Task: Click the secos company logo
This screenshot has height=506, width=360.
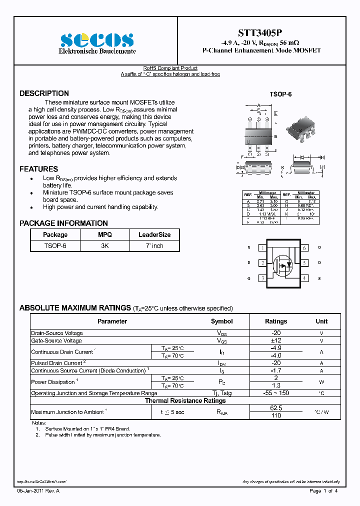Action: click(x=97, y=40)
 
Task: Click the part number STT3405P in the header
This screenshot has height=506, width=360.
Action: click(x=261, y=32)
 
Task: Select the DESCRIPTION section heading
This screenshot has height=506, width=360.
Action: click(x=44, y=93)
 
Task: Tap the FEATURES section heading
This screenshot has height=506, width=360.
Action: click(x=38, y=169)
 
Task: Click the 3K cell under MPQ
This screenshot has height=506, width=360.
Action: click(x=104, y=246)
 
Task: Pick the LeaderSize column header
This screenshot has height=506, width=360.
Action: click(x=154, y=234)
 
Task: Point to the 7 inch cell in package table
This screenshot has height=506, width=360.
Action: click(x=154, y=246)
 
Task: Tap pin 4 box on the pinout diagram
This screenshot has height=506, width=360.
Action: click(x=304, y=278)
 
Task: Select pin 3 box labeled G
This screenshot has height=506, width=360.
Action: click(x=262, y=278)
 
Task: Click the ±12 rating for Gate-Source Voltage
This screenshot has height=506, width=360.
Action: click(x=275, y=340)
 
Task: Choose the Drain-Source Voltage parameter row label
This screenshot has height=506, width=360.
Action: click(x=57, y=333)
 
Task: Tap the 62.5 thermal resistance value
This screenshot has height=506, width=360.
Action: click(x=275, y=408)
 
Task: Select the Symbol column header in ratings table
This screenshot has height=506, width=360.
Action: click(x=221, y=321)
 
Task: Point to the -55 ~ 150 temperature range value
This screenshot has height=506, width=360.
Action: click(x=275, y=393)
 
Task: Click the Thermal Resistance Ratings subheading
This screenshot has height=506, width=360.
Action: click(x=185, y=401)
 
